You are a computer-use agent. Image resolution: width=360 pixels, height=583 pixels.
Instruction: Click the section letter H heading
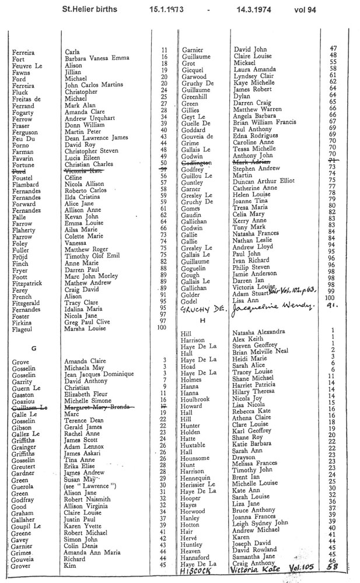[x=203, y=320]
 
